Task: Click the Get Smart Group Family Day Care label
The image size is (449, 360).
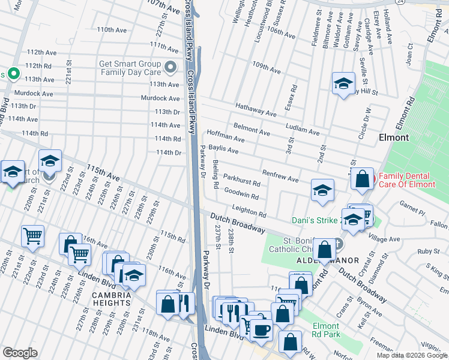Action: click(131, 67)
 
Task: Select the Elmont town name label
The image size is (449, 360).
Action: click(394, 137)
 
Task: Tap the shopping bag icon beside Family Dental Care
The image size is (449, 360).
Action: click(363, 179)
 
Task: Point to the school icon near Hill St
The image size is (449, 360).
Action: click(343, 83)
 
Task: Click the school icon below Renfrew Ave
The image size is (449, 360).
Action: click(322, 190)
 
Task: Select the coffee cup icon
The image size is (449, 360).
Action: click(261, 329)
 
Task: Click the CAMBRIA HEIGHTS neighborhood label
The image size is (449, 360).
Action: click(112, 295)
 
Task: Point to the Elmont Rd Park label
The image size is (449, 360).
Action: click(327, 330)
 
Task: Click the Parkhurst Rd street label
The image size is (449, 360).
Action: click(241, 180)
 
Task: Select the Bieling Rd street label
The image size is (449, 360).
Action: click(215, 174)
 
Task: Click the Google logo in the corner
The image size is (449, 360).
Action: click(20, 353)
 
